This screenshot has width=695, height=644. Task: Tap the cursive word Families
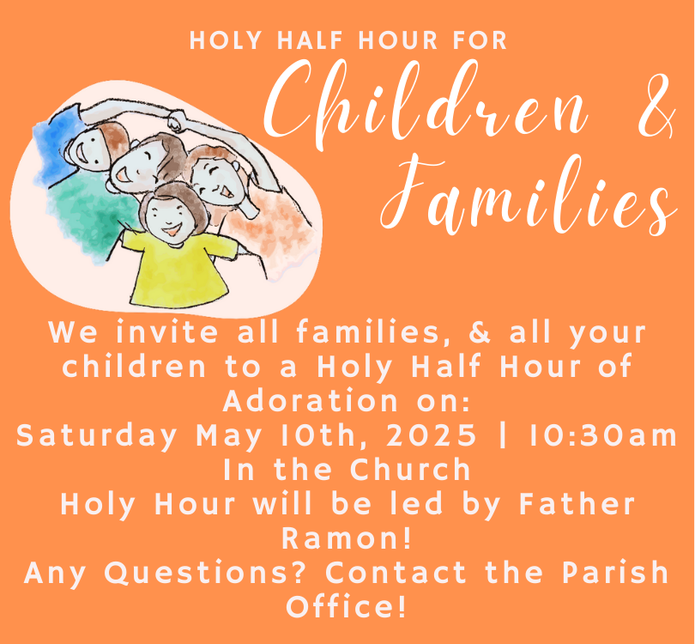coord(529,196)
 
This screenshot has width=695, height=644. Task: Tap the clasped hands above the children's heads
coord(178,120)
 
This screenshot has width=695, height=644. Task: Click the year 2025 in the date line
coord(432,435)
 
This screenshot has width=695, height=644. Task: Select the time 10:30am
coord(603,435)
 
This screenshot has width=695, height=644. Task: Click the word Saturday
coord(97,436)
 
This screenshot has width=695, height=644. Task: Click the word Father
coord(577,504)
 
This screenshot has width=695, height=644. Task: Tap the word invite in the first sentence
coord(167,331)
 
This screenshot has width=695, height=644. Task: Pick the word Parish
coord(616,572)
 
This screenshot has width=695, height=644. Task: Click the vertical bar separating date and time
coord(502,435)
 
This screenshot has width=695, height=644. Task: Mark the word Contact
coord(396,573)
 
